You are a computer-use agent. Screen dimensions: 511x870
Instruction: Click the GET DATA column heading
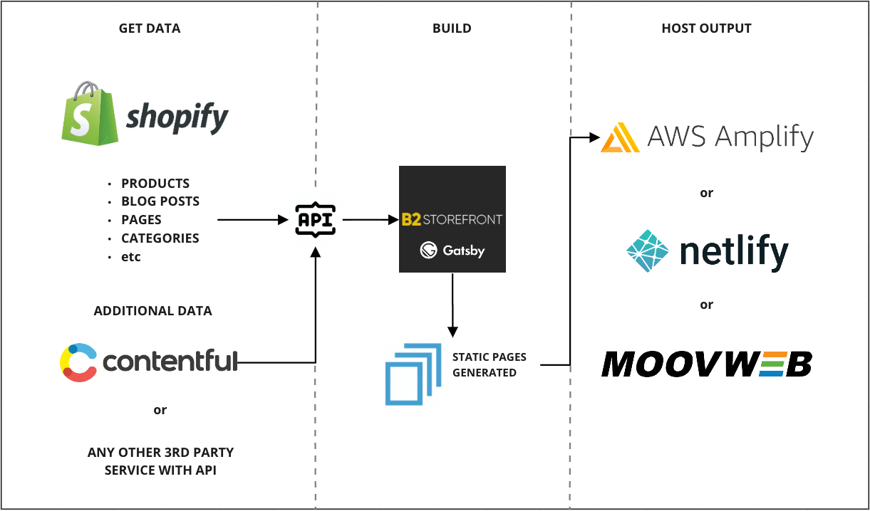point(150,29)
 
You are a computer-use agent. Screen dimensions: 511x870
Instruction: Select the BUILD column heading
point(452,29)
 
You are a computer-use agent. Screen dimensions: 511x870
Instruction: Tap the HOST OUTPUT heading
point(706,29)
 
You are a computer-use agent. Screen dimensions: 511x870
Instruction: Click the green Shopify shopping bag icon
point(90,113)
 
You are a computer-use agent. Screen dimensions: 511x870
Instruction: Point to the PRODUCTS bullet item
point(155,184)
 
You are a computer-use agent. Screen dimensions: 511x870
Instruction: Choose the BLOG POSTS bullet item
point(160,201)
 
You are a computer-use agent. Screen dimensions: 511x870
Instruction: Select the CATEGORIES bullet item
point(160,238)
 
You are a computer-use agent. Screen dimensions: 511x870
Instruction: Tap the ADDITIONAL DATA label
point(152,311)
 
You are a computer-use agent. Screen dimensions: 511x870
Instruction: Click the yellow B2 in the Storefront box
point(412,219)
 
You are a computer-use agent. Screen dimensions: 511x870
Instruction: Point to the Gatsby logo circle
point(428,250)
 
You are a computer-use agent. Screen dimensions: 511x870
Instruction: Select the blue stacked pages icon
point(409,374)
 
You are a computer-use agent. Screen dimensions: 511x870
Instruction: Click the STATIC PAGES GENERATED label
point(489,365)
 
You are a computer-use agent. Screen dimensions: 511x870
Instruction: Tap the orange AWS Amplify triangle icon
point(620,138)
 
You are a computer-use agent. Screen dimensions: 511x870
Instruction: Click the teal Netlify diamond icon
point(647,251)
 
